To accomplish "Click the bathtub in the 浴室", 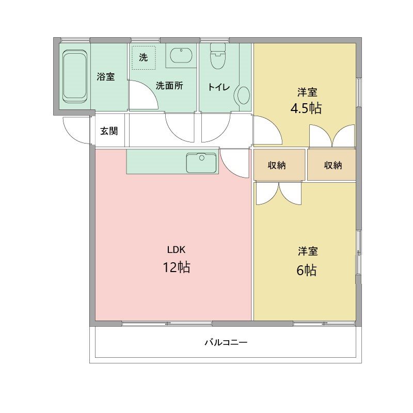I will click(x=75, y=76).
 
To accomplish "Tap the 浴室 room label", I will click(x=106, y=77).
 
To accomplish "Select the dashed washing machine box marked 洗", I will click(x=143, y=57).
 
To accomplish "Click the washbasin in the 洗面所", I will click(x=181, y=55).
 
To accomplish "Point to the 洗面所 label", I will click(x=169, y=86).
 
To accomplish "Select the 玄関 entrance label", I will click(x=108, y=131).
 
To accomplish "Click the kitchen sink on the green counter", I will click(x=201, y=163).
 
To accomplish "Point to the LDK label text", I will click(x=176, y=250).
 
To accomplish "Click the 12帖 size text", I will click(x=176, y=267).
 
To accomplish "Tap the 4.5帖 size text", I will click(x=307, y=109).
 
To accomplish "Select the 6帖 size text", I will click(x=307, y=270).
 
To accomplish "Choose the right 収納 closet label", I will click(x=333, y=165).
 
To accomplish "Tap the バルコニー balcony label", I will click(x=226, y=342).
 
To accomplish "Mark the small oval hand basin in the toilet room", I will click(x=242, y=95).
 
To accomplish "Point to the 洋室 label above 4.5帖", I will click(x=307, y=92).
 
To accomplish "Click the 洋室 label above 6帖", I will click(x=307, y=251).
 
